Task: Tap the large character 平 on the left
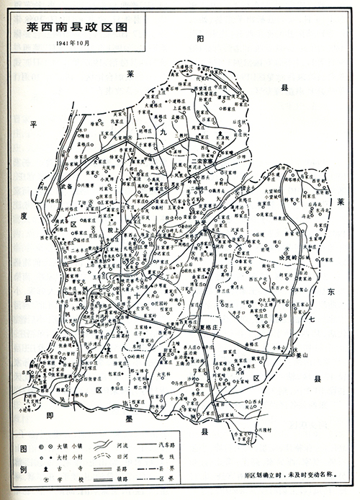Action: tap(33, 125)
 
